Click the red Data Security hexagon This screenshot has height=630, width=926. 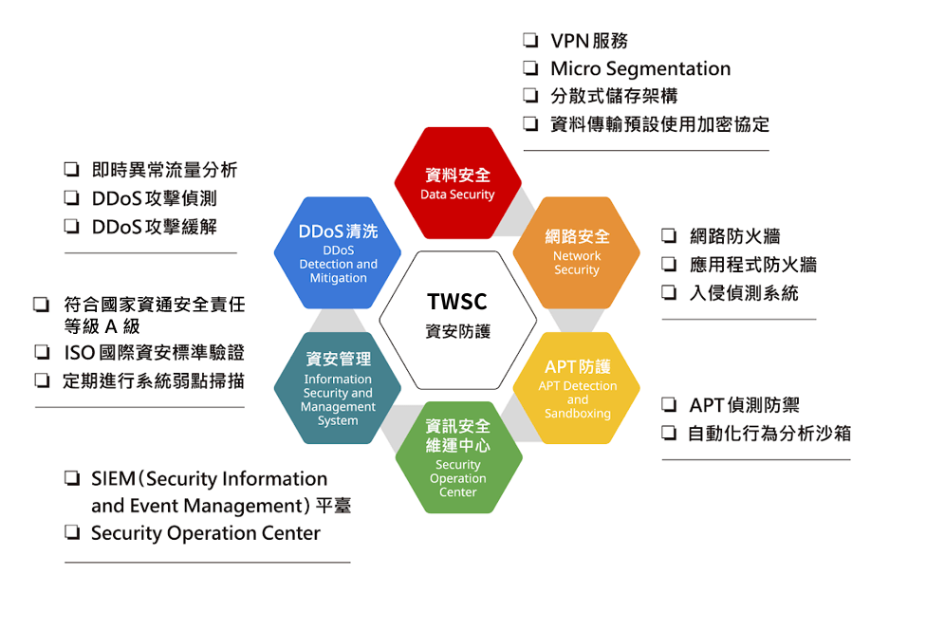(458, 183)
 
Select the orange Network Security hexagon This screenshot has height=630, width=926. (577, 251)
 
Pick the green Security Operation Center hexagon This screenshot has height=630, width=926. (458, 457)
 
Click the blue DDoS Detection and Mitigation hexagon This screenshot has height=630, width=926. (338, 252)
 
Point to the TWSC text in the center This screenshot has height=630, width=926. (457, 302)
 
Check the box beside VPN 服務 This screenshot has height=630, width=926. (530, 41)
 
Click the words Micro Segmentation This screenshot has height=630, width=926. (640, 68)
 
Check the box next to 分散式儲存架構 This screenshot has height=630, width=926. (530, 96)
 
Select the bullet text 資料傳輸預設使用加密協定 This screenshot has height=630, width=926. (659, 124)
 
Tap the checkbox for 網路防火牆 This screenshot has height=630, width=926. (669, 236)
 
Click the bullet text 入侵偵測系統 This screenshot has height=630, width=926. (744, 293)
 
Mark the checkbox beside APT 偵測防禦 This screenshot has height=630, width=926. (669, 406)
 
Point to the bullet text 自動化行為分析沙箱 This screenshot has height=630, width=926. (769, 434)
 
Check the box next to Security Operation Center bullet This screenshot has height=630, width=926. (72, 533)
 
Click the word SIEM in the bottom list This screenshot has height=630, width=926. (114, 479)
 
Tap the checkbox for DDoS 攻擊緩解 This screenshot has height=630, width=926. (72, 227)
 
